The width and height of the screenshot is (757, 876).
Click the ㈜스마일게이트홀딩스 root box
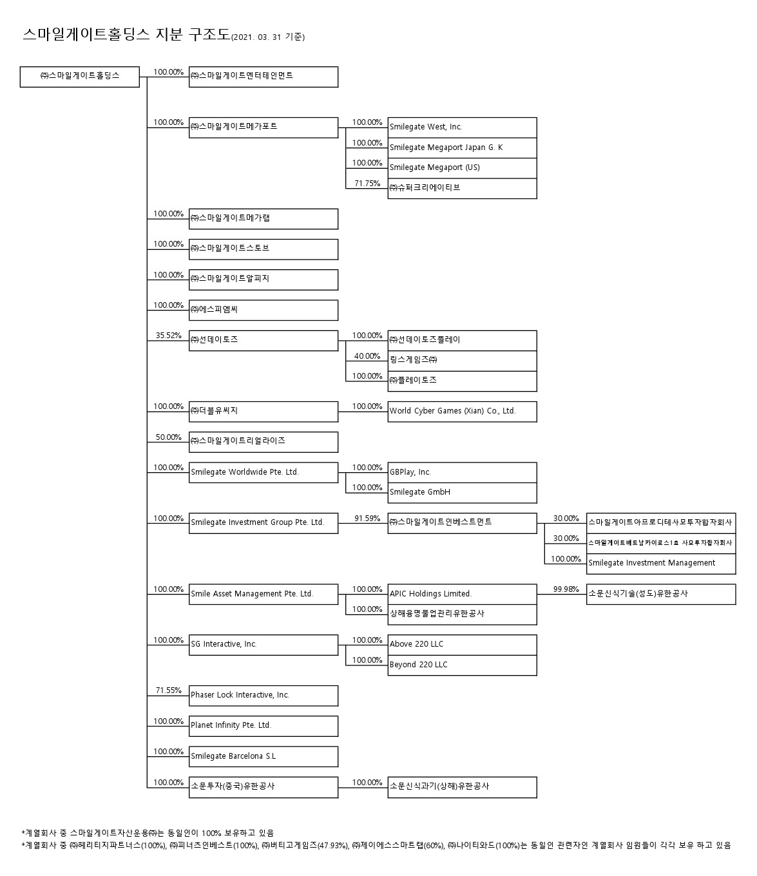pos(80,76)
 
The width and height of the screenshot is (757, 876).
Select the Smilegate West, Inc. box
pos(462,128)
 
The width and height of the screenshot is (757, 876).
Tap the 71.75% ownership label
pos(367,184)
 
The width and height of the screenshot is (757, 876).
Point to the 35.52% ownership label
pos(169,336)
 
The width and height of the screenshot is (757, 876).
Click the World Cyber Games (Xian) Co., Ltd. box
pos(462,411)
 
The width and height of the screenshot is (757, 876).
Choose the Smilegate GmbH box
pos(462,492)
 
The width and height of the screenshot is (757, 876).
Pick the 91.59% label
pos(367,519)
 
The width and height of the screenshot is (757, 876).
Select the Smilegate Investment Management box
pos(660,563)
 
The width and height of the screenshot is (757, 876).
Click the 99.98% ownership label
pos(566,589)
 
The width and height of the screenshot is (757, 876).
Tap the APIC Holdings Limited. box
pos(462,594)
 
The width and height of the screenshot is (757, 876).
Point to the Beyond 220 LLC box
pos(462,665)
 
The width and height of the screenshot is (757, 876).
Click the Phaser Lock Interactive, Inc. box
pos(263,695)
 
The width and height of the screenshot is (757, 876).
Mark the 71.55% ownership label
pos(169,690)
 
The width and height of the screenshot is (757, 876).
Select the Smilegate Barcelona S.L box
pos(263,756)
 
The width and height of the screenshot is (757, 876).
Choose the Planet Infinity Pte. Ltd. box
pos(263,725)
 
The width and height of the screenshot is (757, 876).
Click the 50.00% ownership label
pos(169,437)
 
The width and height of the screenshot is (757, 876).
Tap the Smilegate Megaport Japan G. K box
pos(462,148)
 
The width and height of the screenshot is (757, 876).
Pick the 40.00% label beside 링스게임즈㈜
pos(367,356)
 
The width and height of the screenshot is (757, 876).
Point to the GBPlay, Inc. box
pos(462,472)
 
